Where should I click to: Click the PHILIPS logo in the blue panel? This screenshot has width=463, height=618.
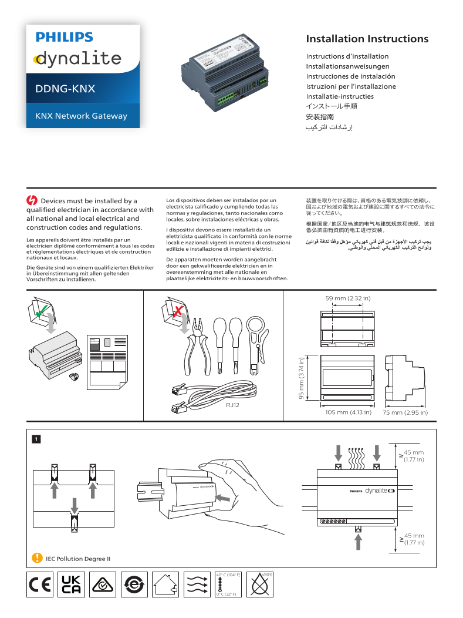(65, 37)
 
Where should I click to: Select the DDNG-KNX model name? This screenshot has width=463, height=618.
(65, 89)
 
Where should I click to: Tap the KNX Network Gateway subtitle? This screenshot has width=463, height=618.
(81, 116)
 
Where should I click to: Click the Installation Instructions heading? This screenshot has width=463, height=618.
(367, 39)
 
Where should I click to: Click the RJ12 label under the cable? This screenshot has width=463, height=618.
(233, 405)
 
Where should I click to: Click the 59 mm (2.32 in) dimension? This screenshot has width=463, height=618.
(347, 299)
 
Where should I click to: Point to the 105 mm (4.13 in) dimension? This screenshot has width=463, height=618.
(348, 412)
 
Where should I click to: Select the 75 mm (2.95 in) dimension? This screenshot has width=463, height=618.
(405, 412)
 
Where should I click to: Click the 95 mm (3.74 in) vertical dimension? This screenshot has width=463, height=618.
(302, 379)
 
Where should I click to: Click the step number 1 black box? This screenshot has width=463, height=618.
(36, 438)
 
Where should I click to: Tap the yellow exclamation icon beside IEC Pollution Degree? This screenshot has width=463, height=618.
(37, 558)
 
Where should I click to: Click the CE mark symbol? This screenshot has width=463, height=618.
(40, 585)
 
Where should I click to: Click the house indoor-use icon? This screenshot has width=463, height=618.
(165, 585)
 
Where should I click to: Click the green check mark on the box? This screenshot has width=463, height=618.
(40, 314)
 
